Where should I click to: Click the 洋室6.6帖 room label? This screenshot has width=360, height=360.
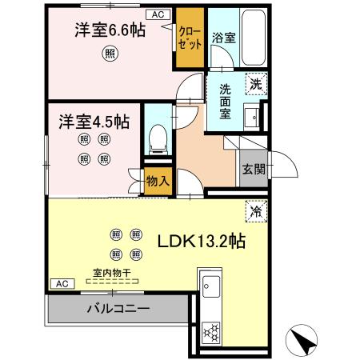point(110,30)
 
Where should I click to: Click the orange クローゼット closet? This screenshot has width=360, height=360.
point(190,38)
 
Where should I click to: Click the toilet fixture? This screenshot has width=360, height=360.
point(158,141)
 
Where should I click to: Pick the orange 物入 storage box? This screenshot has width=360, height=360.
point(158,180)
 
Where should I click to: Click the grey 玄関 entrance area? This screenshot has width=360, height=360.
point(253,169)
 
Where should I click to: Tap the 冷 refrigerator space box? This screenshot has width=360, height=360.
point(256,213)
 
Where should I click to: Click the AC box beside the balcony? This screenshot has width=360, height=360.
point(60,282)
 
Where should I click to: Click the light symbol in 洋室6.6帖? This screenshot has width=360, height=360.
point(109,54)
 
